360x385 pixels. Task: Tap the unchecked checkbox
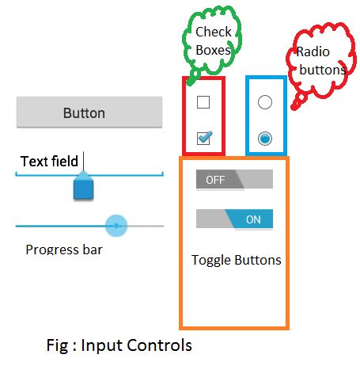point(203,102)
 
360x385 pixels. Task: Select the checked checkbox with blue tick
point(203,139)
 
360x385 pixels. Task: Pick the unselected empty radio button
point(265,102)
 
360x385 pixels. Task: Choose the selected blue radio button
point(265,139)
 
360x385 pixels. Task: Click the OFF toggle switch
point(234,180)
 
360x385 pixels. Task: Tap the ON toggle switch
point(234,219)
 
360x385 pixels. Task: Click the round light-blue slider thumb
point(116,226)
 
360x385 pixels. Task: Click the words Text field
point(49,162)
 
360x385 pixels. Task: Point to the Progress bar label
point(64,250)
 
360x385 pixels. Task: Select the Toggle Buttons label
point(237,260)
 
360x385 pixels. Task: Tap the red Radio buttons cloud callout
point(320,62)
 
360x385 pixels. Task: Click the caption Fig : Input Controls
point(119,346)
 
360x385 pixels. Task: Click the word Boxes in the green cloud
point(213,50)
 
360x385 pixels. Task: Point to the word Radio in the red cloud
point(313,53)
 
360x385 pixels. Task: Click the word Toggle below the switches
point(211,260)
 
